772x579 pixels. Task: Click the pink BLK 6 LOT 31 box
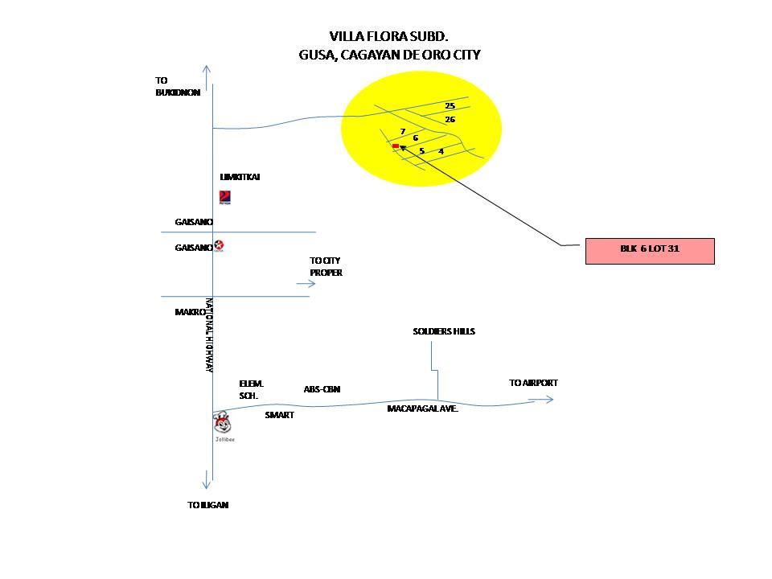coord(649,250)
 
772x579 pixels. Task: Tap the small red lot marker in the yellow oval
coord(395,146)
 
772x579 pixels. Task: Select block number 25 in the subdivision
coord(450,106)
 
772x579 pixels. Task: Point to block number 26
coord(450,120)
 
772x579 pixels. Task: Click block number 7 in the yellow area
coord(402,131)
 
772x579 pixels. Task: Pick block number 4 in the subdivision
coord(441,151)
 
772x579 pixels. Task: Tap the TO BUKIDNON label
coord(171,86)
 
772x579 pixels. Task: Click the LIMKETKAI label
coord(240,177)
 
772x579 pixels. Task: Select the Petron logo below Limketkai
coord(225,198)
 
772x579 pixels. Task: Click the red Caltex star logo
coord(219,246)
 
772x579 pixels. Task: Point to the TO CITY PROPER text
coord(326,266)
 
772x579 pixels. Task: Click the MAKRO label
coord(191,311)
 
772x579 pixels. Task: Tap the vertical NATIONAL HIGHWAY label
coord(208,335)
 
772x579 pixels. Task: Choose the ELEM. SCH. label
coord(251,390)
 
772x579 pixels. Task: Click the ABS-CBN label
coord(322,389)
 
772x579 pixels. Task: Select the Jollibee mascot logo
coord(223,424)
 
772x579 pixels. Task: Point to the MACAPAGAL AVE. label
coord(422,409)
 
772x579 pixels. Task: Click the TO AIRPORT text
coord(533,384)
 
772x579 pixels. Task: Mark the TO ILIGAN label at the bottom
coord(207,505)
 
